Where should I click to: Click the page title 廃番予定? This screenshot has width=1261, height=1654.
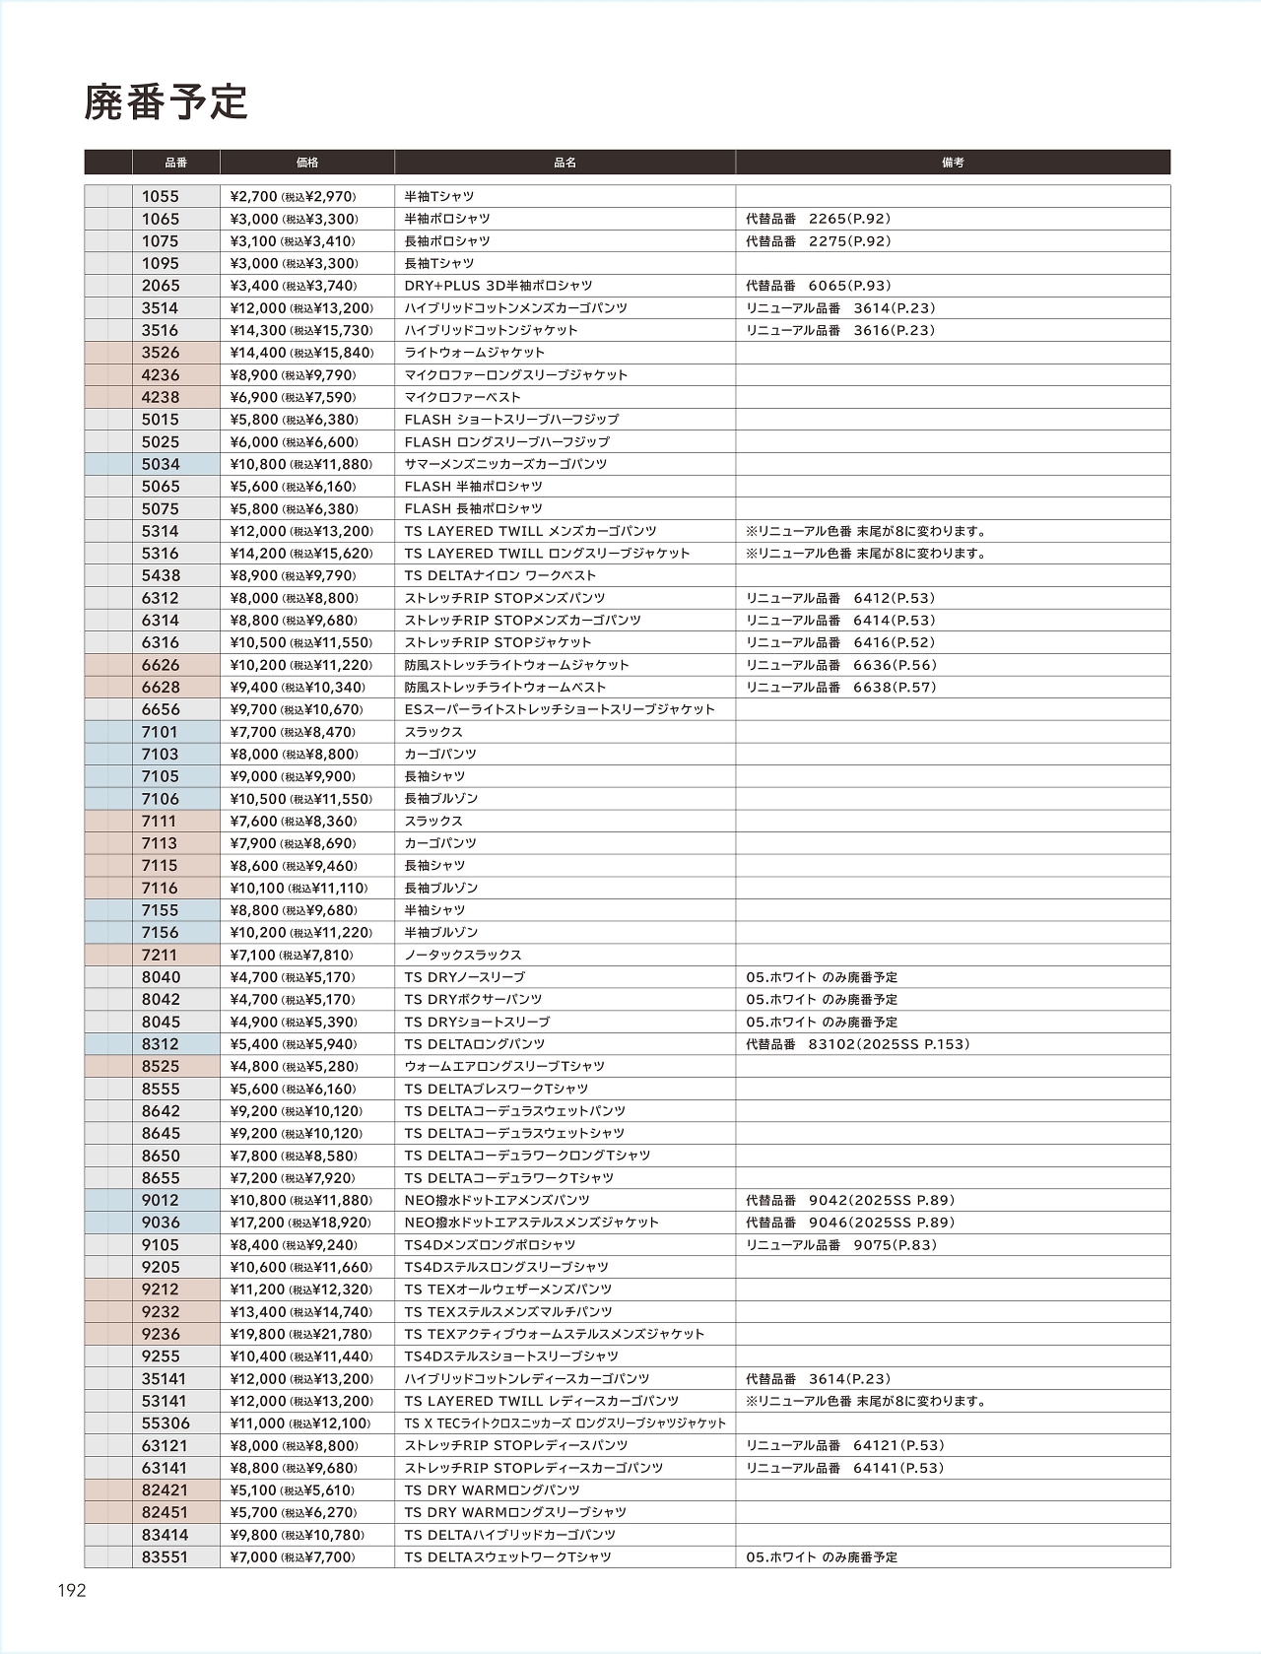(x=166, y=102)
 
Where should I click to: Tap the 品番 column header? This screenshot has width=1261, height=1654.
(x=175, y=163)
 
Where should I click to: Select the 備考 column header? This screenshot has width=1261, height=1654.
(x=952, y=163)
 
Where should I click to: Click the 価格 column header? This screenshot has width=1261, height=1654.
(x=306, y=163)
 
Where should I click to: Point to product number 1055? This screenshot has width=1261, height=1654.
(x=161, y=196)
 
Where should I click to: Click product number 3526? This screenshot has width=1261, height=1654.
(x=161, y=353)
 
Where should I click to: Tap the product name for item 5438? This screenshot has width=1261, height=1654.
(x=500, y=575)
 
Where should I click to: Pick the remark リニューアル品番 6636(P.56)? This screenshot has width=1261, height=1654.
(x=840, y=665)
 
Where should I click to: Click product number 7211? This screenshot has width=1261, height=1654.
(x=160, y=955)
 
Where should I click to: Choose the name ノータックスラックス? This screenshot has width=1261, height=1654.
(x=463, y=955)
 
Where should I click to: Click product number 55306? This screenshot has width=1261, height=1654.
(x=166, y=1423)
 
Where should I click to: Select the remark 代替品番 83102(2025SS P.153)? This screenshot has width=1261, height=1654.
(x=857, y=1044)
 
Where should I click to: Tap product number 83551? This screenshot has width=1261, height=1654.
(x=165, y=1557)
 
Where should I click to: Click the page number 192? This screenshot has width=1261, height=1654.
(x=72, y=1590)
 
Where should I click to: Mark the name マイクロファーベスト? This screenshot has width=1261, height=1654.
(x=463, y=397)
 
